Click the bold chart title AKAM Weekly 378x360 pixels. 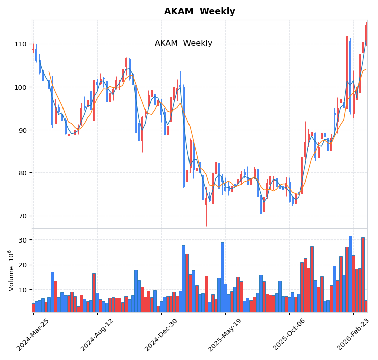(x=200, y=11)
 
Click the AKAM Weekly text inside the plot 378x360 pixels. (x=183, y=43)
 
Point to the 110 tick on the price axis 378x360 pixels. (x=21, y=44)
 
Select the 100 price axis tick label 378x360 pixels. (x=21, y=87)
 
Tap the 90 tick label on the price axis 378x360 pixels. (x=22, y=130)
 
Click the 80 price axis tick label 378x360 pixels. (x=22, y=173)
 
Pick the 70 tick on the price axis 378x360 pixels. (x=22, y=216)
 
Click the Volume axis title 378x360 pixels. (x=11, y=270)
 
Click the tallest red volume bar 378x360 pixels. (x=363, y=275)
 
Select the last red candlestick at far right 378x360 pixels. (x=366, y=33)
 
